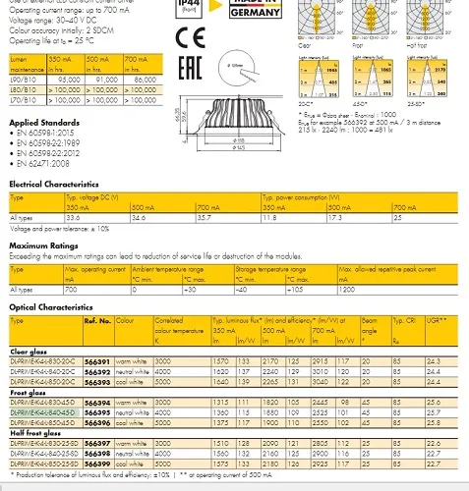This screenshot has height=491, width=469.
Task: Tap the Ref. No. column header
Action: (x=97, y=320)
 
